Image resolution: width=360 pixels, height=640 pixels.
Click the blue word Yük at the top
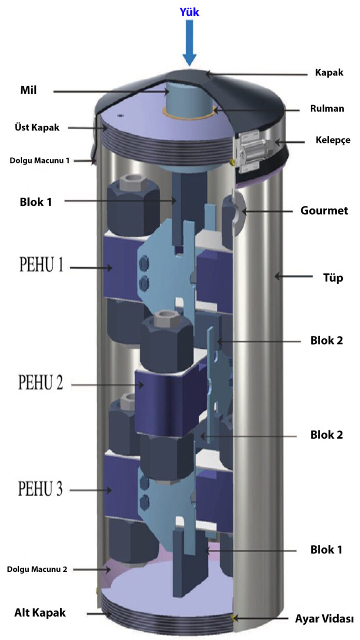pos(189,12)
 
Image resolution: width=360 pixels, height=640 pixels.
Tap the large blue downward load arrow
pos(189,43)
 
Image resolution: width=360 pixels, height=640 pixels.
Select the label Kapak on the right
pos(329,72)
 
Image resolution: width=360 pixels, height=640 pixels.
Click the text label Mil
pos(28,91)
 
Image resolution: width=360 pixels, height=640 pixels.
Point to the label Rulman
pos(327,109)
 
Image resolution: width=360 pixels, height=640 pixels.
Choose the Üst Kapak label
pos(37,127)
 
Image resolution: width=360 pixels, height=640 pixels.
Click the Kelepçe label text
pos(333,140)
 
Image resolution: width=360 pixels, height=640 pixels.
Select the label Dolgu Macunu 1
pos(39,160)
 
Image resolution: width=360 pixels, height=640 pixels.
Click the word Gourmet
pos(324,211)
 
